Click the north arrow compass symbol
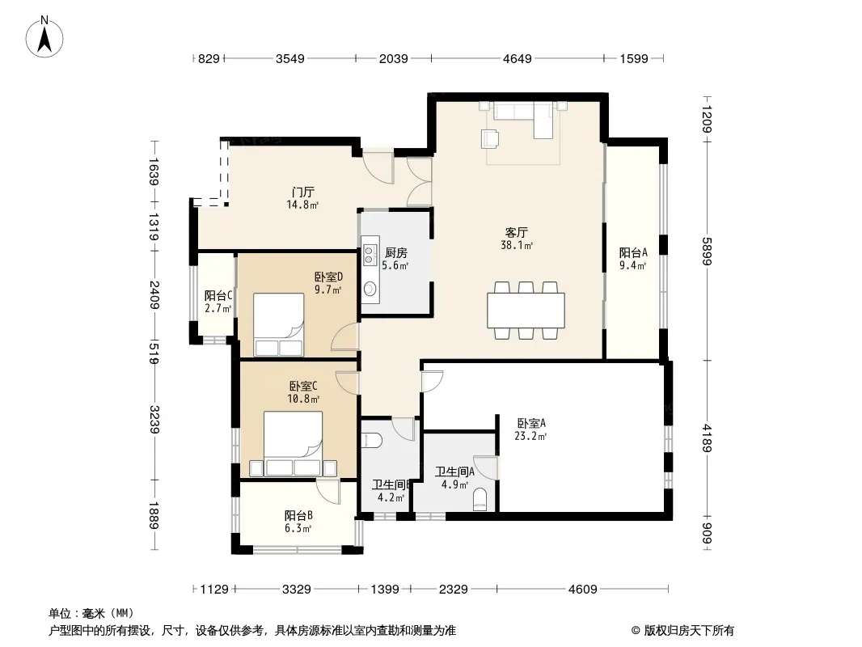click(x=44, y=36)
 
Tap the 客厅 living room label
click(x=517, y=233)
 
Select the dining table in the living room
click(x=526, y=311)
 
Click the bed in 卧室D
click(x=279, y=325)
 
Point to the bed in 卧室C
click(x=293, y=444)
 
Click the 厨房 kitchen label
click(x=395, y=253)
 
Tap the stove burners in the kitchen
click(x=370, y=251)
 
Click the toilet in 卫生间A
click(x=480, y=499)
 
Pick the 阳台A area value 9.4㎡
click(x=633, y=265)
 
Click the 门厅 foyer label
click(x=303, y=192)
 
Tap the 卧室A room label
click(x=531, y=423)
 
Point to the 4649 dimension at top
click(x=518, y=58)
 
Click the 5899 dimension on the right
click(x=707, y=252)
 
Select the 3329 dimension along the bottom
click(x=296, y=590)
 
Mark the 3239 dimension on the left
click(x=154, y=420)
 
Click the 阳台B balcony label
click(x=298, y=516)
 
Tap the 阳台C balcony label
click(x=218, y=296)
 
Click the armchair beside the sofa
click(x=490, y=138)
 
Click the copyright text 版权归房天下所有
click(x=688, y=631)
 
